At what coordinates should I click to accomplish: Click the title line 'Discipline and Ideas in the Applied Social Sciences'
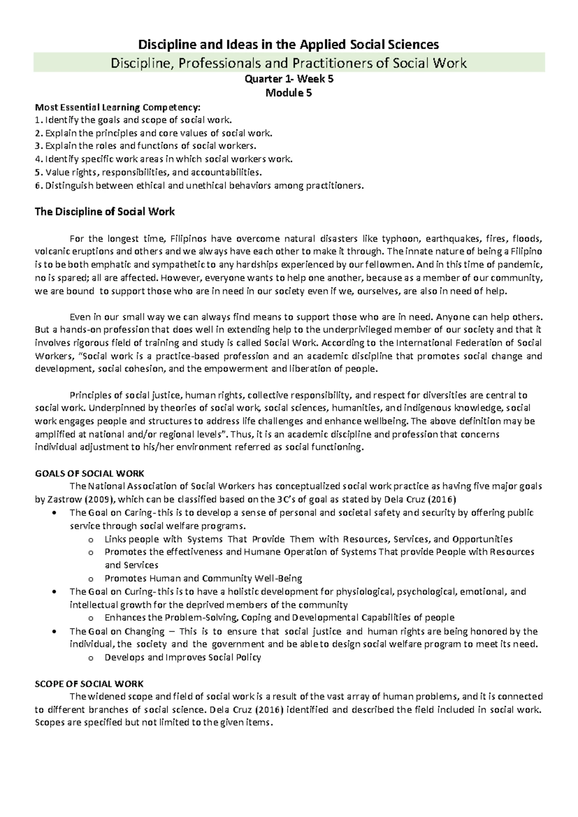tap(289, 45)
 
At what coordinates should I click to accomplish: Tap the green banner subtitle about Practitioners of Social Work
tap(289, 63)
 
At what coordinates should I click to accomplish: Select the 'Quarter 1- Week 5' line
tap(289, 80)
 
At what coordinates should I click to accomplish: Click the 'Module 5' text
tap(289, 93)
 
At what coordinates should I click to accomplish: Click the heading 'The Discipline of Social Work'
tap(105, 211)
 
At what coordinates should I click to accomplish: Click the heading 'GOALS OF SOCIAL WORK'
tap(90, 473)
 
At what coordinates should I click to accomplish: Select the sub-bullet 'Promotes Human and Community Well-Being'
tap(203, 578)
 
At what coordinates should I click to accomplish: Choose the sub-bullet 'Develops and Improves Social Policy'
tap(183, 657)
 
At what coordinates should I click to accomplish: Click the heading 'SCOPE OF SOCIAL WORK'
tap(89, 684)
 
